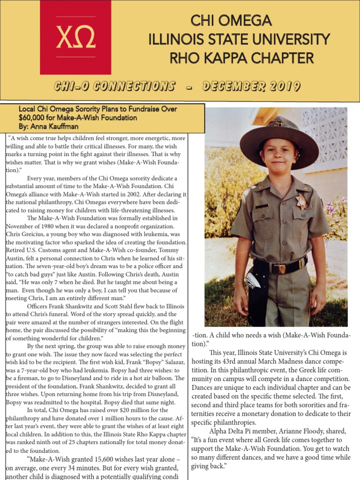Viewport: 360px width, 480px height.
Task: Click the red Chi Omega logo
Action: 75,37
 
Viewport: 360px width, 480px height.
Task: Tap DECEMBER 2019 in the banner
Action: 251,87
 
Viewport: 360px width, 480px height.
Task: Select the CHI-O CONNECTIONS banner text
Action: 114,87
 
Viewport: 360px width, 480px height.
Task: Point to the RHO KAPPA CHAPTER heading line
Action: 241,58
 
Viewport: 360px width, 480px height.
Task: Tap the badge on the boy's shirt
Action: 301,202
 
